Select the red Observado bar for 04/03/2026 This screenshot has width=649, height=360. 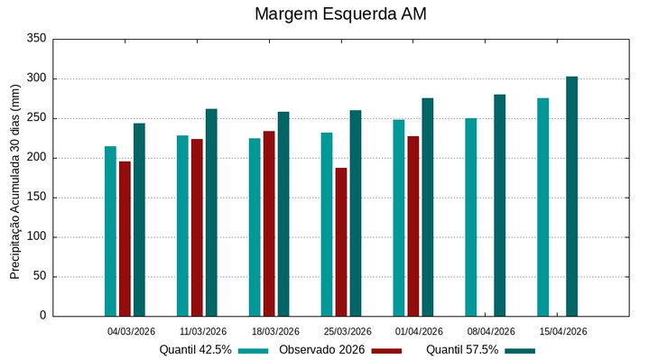coord(125,238)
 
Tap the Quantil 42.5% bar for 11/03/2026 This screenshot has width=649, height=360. coord(182,226)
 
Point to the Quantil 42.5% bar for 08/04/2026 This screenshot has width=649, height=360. coord(471,217)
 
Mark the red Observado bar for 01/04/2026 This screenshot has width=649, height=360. coord(413,226)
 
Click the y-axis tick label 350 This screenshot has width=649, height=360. coord(36,39)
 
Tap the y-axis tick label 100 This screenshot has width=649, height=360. coord(36,237)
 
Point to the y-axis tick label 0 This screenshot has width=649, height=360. coord(42,316)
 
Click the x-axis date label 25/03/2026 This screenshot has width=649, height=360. coord(347,331)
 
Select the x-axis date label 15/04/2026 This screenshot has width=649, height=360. coord(562,331)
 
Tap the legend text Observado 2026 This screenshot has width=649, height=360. coord(321,349)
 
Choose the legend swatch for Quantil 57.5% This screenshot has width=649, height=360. coord(519,350)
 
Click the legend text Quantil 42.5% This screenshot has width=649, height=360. coord(195,349)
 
